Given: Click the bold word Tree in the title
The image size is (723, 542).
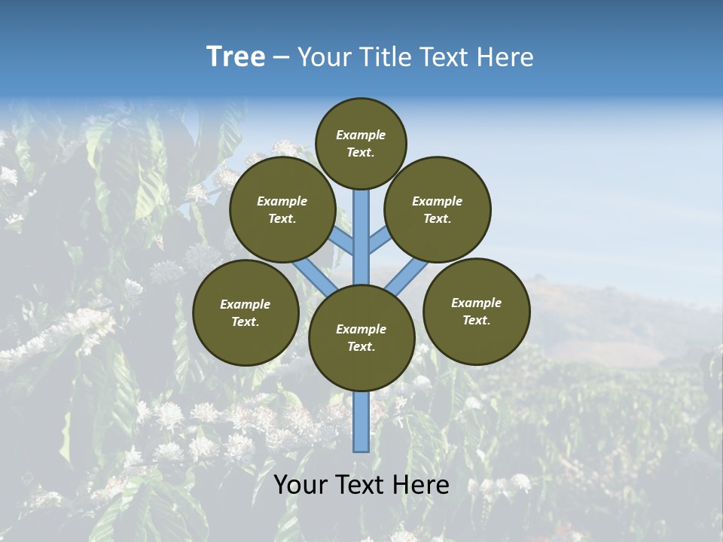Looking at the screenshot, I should click(236, 57).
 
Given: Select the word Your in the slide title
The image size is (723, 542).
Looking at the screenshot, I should click(322, 57).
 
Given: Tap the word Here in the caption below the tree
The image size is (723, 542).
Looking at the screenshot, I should click(422, 485).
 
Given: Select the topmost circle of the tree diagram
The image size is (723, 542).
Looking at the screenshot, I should click(361, 143).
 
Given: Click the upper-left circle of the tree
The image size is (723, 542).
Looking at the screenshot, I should click(282, 209).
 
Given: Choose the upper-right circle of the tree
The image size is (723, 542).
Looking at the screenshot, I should click(437, 209).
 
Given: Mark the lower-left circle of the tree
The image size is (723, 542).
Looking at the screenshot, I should click(246, 312).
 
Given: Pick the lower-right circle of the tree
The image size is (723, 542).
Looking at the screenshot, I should click(476, 311).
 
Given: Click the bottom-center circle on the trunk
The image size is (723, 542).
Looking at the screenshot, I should click(361, 337).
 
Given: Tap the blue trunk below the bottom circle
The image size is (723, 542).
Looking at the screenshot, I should click(361, 422).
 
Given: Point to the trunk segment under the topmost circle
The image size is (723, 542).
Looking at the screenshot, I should click(361, 226).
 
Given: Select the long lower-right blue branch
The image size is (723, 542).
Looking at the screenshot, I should click(407, 276).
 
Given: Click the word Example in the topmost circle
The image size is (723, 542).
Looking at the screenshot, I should click(361, 135).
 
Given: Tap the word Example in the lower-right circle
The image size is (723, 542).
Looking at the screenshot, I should click(476, 303).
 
